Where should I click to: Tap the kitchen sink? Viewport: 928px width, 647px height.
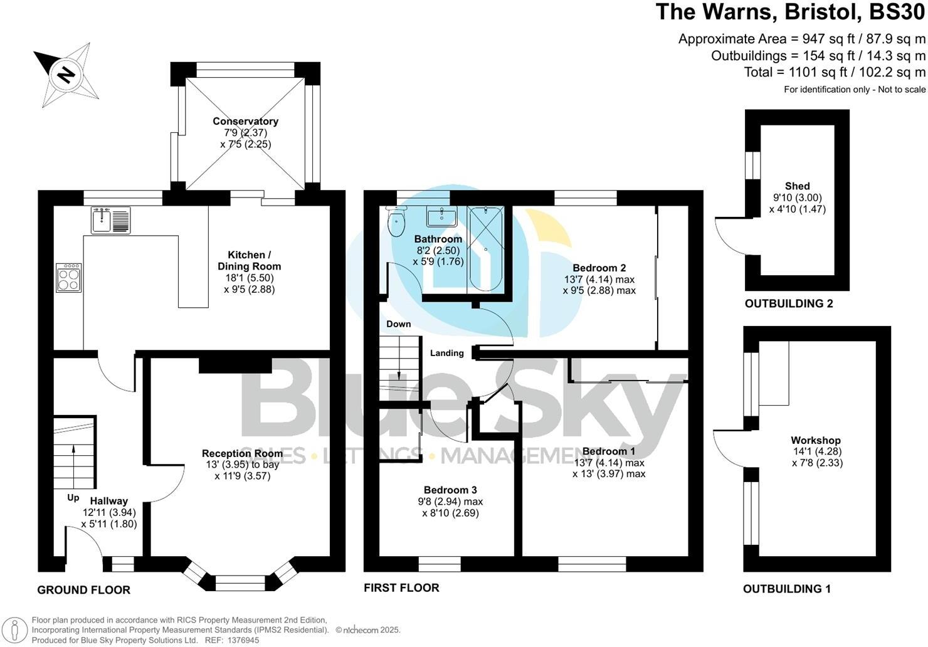tap(110, 220)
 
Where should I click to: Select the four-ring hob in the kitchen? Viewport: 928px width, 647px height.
tap(69, 278)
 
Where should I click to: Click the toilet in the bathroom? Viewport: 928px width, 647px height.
tap(396, 223)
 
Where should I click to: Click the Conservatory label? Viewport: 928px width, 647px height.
tap(245, 121)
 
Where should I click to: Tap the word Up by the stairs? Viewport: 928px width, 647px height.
tap(73, 498)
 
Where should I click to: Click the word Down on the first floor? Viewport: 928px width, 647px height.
tap(399, 324)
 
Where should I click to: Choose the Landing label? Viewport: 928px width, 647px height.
tap(446, 353)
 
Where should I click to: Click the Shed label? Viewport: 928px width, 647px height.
tap(797, 186)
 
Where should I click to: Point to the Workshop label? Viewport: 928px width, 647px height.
tap(816, 440)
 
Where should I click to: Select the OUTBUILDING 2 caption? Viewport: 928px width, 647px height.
tap(789, 304)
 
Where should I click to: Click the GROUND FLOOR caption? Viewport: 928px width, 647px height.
tap(83, 590)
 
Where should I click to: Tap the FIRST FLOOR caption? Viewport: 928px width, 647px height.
tap(401, 587)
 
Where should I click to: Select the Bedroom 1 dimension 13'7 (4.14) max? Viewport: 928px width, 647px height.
tap(609, 463)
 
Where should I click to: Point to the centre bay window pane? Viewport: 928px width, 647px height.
tap(241, 582)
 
